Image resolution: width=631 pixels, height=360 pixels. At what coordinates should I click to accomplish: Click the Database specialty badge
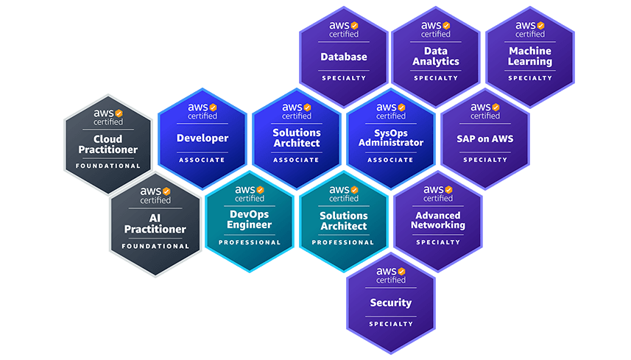click(344, 57)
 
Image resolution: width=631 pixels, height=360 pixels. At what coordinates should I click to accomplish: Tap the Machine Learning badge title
click(529, 57)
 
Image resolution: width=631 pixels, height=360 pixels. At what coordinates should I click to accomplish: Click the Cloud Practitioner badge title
click(108, 144)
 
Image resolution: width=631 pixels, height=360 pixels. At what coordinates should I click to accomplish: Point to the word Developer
click(202, 138)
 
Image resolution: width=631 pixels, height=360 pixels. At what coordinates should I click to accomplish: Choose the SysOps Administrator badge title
click(391, 138)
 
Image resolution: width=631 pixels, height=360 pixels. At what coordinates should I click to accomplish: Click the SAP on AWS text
click(485, 138)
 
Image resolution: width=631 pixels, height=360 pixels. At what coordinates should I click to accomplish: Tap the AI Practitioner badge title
click(155, 224)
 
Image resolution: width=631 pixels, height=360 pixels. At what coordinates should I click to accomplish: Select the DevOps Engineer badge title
click(250, 219)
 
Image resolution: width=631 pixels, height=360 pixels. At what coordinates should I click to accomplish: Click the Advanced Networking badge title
click(438, 220)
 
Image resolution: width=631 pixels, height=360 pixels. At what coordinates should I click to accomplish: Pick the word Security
click(391, 303)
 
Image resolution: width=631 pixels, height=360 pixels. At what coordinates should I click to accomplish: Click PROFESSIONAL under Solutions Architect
click(344, 242)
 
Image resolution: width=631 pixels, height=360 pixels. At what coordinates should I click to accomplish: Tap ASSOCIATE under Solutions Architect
click(297, 160)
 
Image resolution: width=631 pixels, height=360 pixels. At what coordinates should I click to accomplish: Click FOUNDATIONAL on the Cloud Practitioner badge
click(108, 166)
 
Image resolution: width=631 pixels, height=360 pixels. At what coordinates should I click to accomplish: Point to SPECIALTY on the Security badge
click(391, 324)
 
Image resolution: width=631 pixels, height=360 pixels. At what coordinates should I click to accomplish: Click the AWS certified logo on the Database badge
click(344, 29)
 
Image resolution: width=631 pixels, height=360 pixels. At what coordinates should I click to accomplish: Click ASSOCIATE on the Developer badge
click(202, 160)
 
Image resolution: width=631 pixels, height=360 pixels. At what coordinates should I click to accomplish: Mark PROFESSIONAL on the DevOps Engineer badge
click(250, 242)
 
